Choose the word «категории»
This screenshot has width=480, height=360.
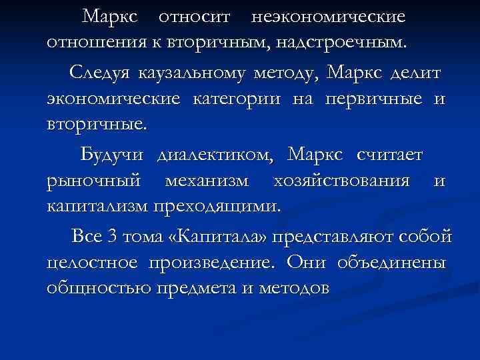tap(239, 99)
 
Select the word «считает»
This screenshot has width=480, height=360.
tap(389, 155)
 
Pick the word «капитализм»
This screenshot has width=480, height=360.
tap(97, 208)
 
